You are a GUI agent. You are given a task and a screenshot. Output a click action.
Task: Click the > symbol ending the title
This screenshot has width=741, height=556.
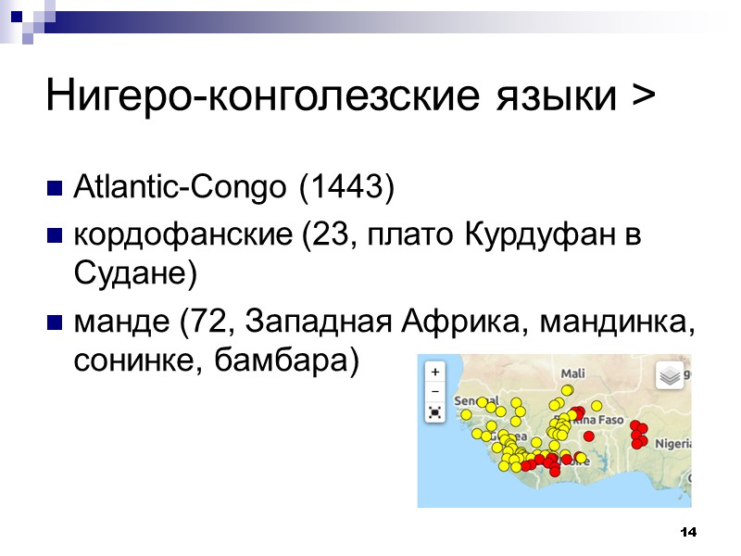(x=641, y=95)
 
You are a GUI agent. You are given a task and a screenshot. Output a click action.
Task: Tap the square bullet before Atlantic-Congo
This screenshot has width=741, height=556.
(x=54, y=190)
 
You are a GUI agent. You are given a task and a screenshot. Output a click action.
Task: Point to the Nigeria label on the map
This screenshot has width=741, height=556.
(x=673, y=443)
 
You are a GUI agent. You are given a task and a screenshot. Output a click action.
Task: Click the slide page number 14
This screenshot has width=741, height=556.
(x=687, y=532)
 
